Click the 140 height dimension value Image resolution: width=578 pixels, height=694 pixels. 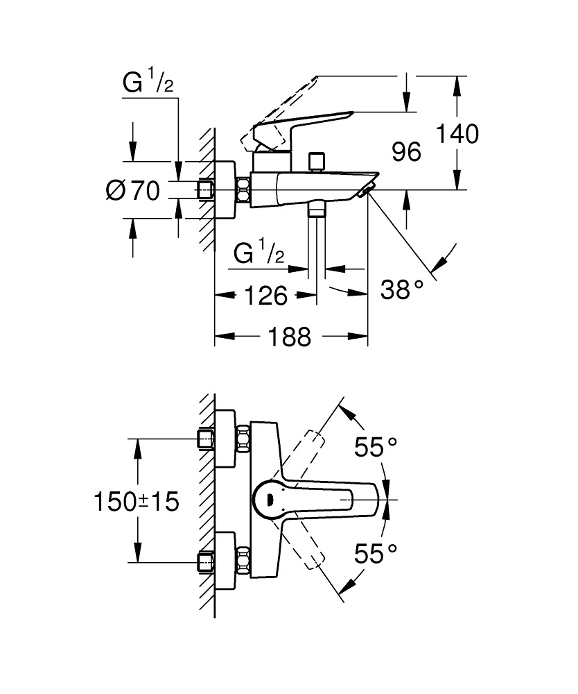point(457,133)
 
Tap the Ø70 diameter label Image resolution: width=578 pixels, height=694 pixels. point(133,189)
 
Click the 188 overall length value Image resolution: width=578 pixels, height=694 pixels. point(289,338)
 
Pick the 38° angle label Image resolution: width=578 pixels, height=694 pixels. point(401,291)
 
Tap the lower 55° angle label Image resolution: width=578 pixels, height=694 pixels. point(376,552)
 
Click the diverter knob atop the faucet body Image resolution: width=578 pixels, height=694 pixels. point(317,160)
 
